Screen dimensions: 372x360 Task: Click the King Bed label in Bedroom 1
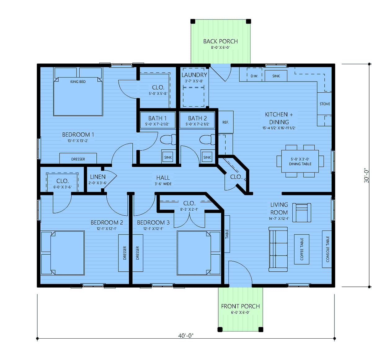(x=78, y=81)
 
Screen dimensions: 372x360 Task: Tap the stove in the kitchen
(x=324, y=104)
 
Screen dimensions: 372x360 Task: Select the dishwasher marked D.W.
(x=254, y=76)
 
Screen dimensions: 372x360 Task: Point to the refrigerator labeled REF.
(x=226, y=122)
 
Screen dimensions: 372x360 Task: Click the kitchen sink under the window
(x=276, y=76)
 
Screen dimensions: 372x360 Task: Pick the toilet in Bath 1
(x=168, y=140)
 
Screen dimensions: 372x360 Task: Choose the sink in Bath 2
(x=207, y=157)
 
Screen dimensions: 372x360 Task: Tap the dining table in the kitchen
(x=300, y=161)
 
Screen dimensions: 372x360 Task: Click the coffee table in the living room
(x=302, y=249)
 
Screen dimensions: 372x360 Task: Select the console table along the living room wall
(x=327, y=249)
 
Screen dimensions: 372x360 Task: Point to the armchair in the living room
(x=302, y=213)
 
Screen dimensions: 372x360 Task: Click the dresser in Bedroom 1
(x=78, y=158)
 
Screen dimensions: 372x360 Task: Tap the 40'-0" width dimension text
(x=186, y=336)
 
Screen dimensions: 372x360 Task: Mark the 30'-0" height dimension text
(x=366, y=175)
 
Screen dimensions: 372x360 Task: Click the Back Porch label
(x=220, y=41)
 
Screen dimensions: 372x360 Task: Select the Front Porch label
(x=240, y=306)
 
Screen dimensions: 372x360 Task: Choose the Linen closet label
(x=98, y=177)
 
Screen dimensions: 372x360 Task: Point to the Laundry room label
(x=194, y=75)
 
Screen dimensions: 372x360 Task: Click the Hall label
(x=163, y=178)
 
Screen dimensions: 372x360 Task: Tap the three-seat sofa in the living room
(x=278, y=249)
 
